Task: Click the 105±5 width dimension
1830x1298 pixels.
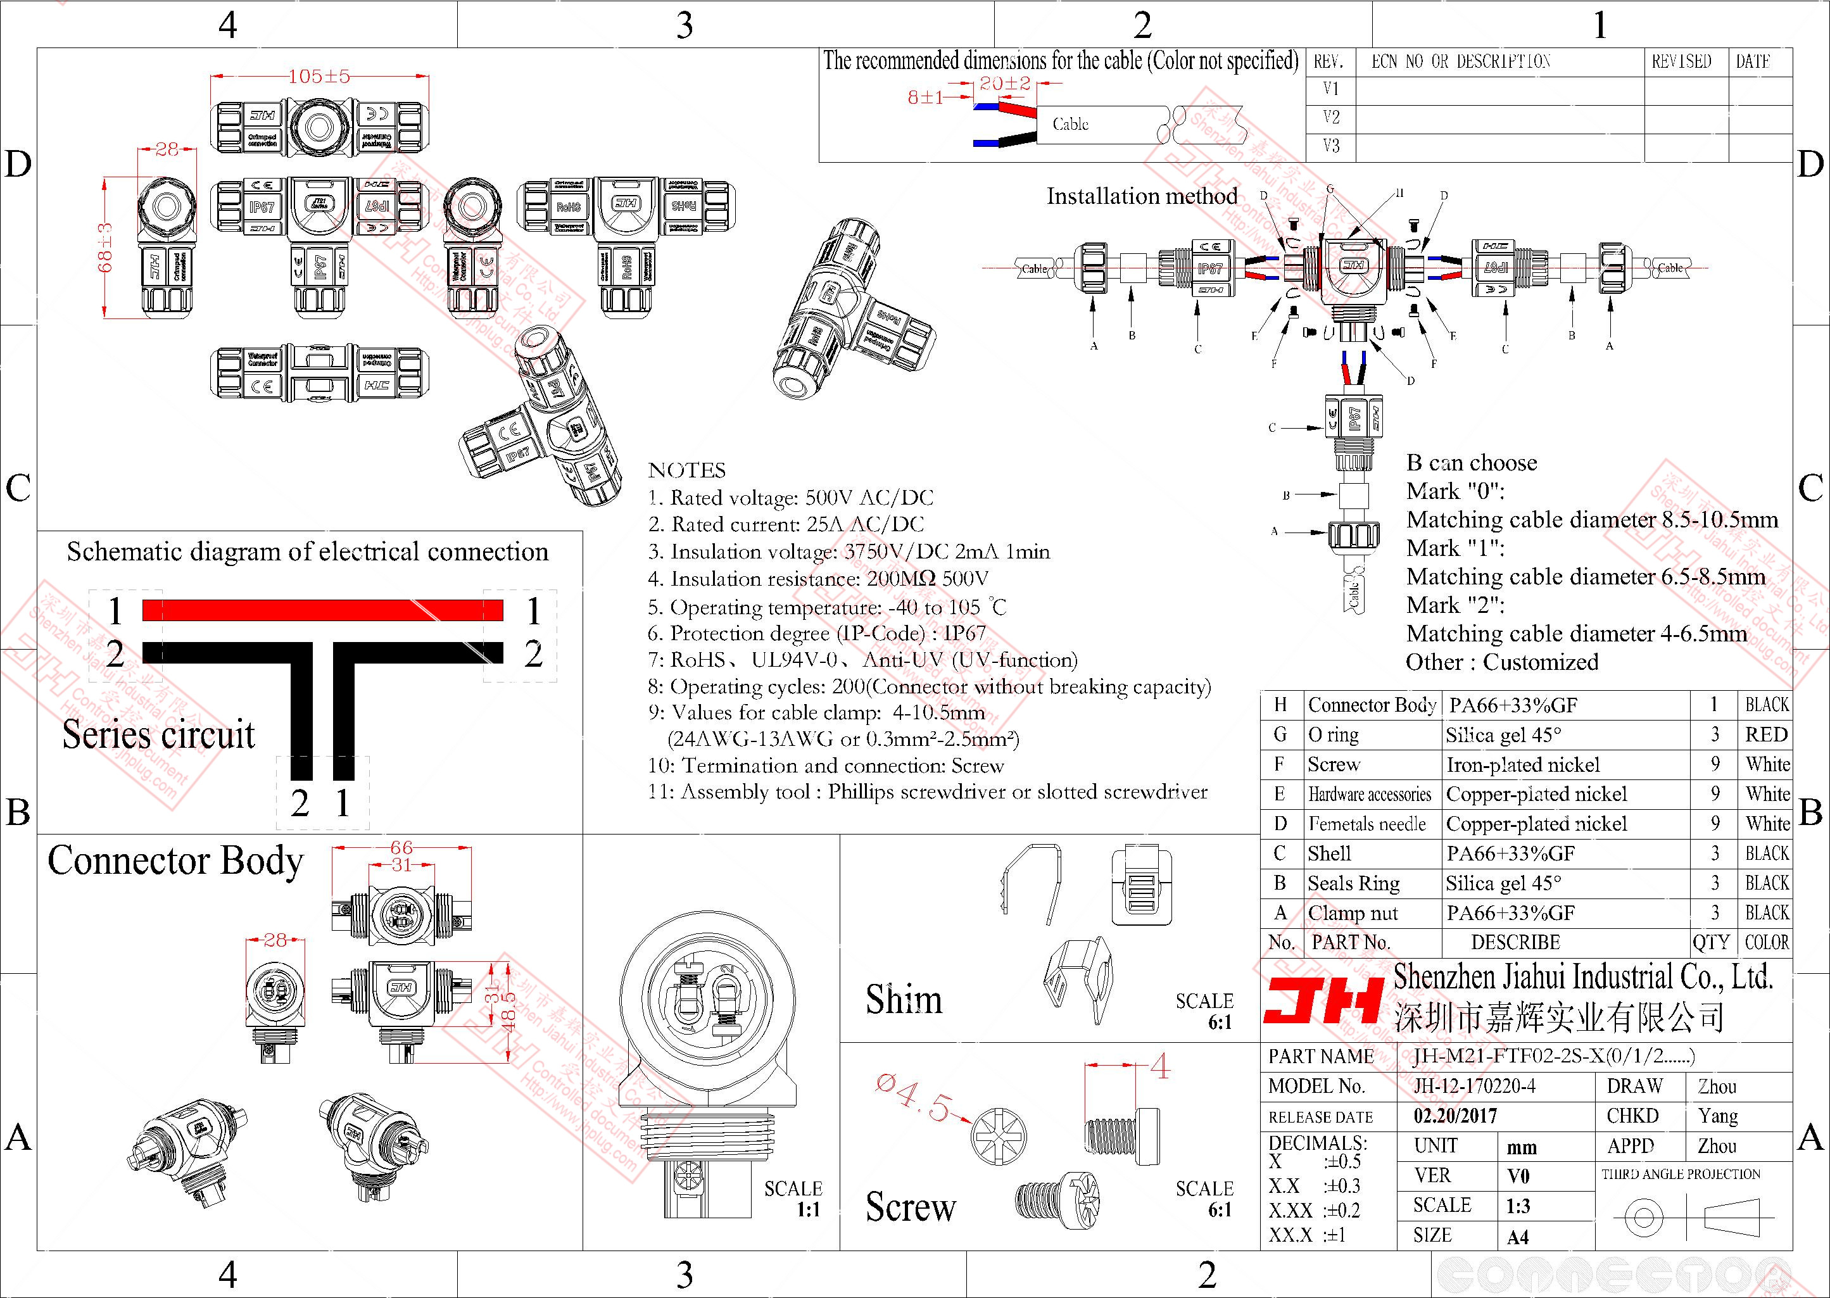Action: pos(319,77)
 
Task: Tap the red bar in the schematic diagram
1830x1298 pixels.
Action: pos(323,610)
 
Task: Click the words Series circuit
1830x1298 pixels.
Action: pos(158,734)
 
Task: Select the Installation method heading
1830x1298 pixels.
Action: pos(1142,197)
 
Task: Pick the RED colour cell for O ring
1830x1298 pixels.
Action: pos(1765,734)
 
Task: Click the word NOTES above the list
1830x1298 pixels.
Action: pos(686,470)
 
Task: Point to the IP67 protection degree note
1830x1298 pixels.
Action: pos(817,634)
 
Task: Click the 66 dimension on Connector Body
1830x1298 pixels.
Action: pos(401,847)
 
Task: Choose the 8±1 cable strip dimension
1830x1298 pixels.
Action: pos(925,98)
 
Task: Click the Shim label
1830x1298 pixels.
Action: pos(904,1000)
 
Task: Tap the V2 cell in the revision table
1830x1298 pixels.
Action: pos(1330,118)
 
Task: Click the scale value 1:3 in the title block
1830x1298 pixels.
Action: pos(1517,1206)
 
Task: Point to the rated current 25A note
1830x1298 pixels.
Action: pos(786,525)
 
